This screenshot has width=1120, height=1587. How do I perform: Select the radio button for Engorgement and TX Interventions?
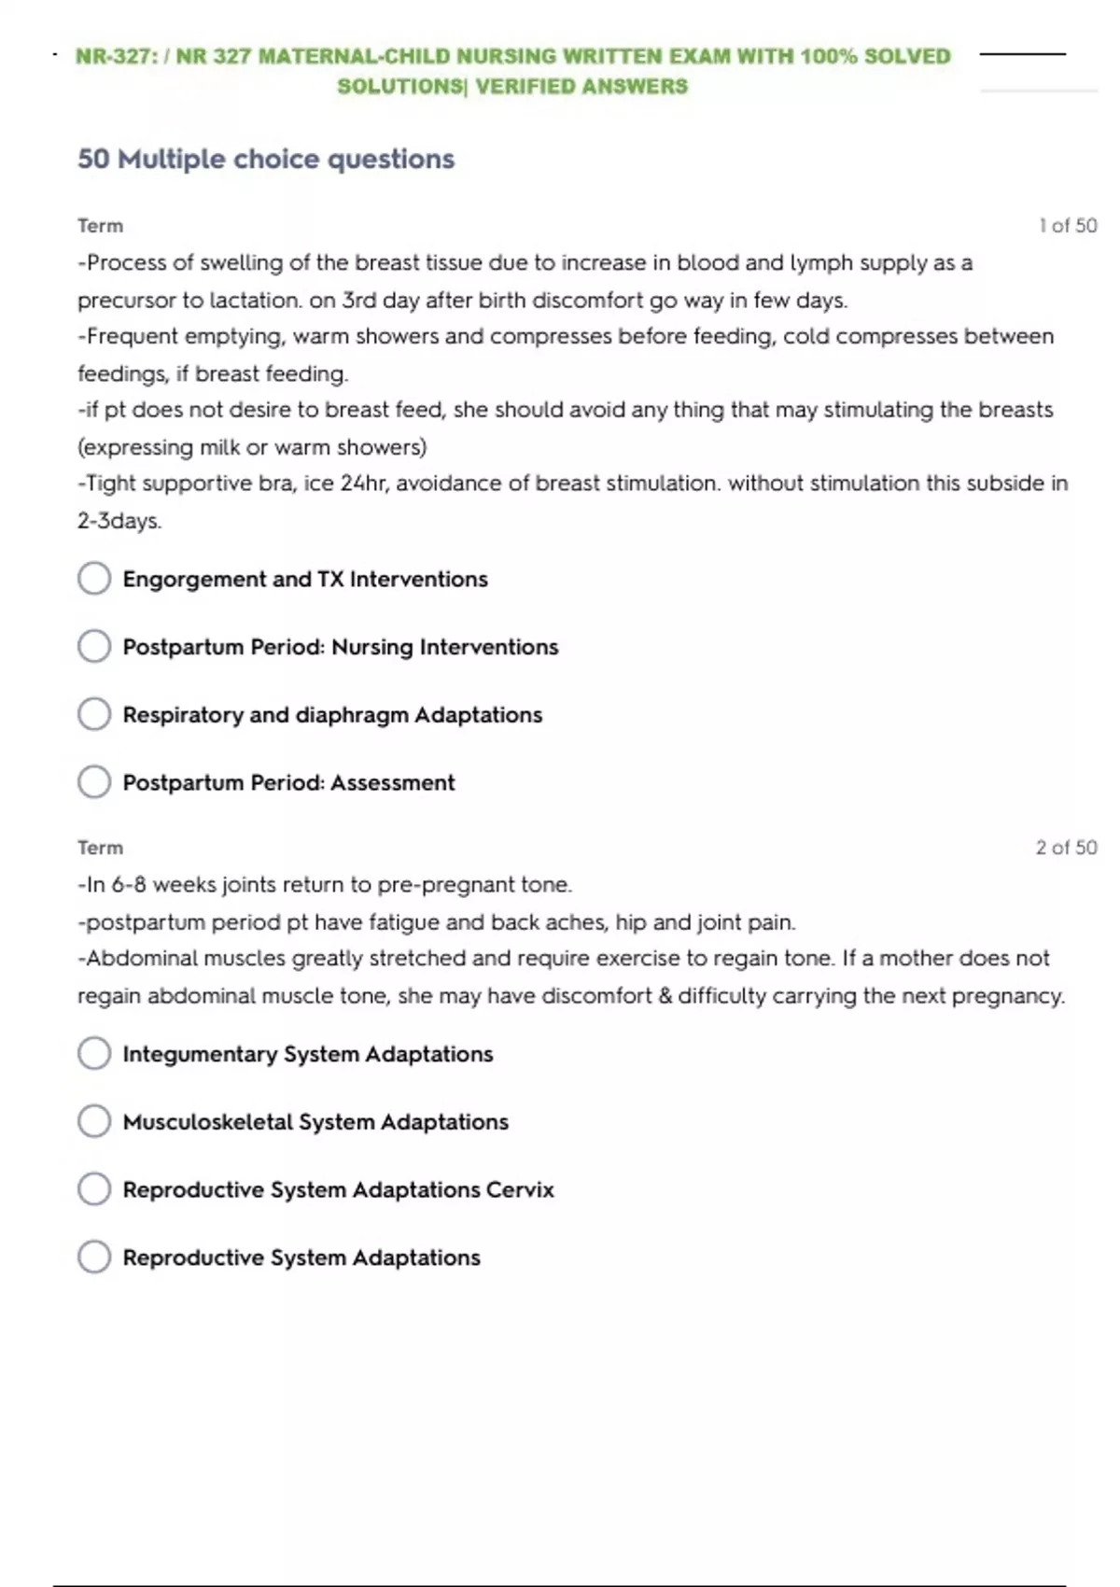pos(94,578)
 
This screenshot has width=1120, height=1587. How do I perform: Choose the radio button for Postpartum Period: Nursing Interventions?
pos(94,646)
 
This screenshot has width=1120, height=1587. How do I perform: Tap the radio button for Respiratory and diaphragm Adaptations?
pos(94,714)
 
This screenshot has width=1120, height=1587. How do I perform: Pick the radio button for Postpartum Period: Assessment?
pos(94,781)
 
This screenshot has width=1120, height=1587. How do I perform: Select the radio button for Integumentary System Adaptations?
pos(94,1053)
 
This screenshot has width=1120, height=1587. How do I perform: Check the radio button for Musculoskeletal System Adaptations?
pos(94,1121)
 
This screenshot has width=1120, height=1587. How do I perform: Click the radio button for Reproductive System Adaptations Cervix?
pos(94,1189)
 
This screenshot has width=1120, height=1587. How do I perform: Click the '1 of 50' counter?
pos(1068,226)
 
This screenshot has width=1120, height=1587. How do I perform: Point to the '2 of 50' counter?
pos(1066,848)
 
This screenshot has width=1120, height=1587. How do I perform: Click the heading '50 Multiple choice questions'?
pos(266,159)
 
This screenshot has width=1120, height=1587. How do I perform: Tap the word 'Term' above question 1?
pos(100,226)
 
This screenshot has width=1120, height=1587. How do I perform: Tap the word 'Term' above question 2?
pos(100,848)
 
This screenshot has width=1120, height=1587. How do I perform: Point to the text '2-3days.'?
pos(119,521)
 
